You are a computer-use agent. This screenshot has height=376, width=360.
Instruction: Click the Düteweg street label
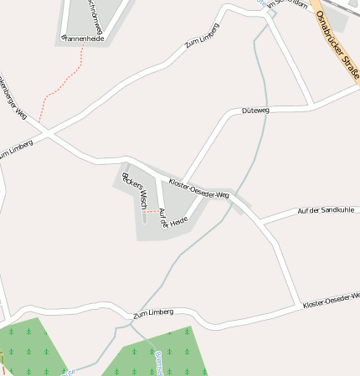click(x=256, y=111)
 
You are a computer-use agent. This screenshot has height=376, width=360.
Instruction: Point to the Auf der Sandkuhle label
click(x=326, y=209)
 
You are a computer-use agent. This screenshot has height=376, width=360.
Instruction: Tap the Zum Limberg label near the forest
click(x=153, y=312)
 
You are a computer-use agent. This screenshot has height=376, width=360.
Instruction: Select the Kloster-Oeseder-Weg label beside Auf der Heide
click(x=199, y=188)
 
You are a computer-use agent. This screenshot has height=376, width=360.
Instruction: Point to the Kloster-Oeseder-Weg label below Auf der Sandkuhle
click(x=332, y=297)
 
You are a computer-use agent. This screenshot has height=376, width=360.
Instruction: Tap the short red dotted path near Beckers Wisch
click(x=151, y=212)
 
